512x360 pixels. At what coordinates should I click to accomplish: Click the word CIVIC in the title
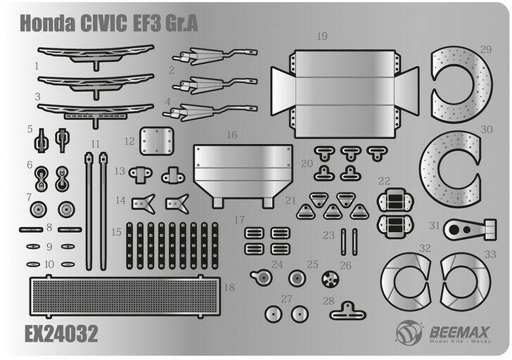click(103, 22)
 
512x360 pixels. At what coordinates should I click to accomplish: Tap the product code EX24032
click(61, 333)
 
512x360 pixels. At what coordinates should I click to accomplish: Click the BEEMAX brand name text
click(459, 333)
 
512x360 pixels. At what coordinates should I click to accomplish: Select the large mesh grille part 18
click(125, 296)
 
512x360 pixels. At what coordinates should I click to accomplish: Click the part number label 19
click(322, 36)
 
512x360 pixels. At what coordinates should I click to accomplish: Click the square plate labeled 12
click(157, 141)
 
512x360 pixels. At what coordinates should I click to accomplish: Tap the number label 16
click(232, 135)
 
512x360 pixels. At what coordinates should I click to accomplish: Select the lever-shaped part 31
click(471, 229)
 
